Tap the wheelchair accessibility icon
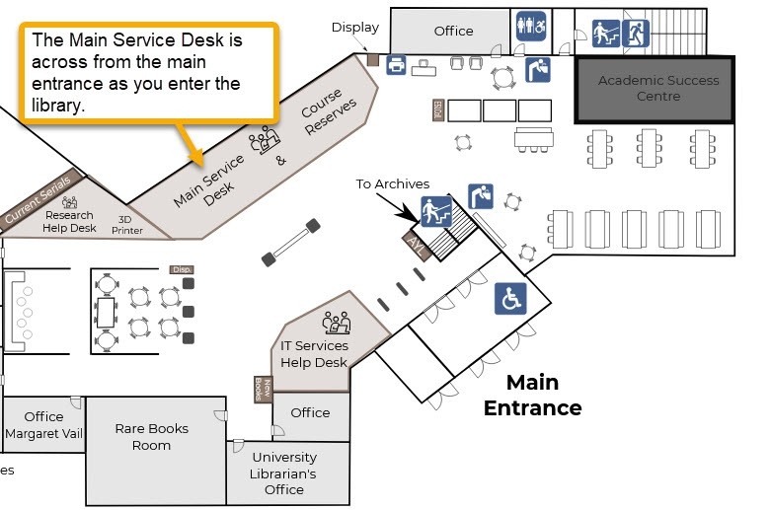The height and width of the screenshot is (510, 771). [x=510, y=299]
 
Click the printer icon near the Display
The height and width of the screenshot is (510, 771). [x=397, y=65]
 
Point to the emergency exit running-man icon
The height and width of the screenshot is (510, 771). [x=635, y=34]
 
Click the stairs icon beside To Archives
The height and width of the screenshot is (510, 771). [x=436, y=211]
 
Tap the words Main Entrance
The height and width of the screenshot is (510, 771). [x=532, y=395]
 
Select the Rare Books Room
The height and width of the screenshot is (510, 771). [x=151, y=437]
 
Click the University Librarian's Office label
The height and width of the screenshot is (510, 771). [x=284, y=474]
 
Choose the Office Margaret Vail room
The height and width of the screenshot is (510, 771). [x=43, y=425]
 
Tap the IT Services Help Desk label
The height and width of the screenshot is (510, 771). [x=314, y=354]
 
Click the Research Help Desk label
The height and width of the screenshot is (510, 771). [x=69, y=221]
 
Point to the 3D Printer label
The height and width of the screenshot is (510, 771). [x=125, y=225]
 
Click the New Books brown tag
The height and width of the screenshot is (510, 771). [x=261, y=390]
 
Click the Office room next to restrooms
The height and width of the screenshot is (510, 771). [x=453, y=31]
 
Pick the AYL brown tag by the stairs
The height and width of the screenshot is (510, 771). [x=416, y=247]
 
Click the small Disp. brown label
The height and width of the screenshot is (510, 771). [x=181, y=269]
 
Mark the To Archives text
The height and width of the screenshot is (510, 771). [x=392, y=183]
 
